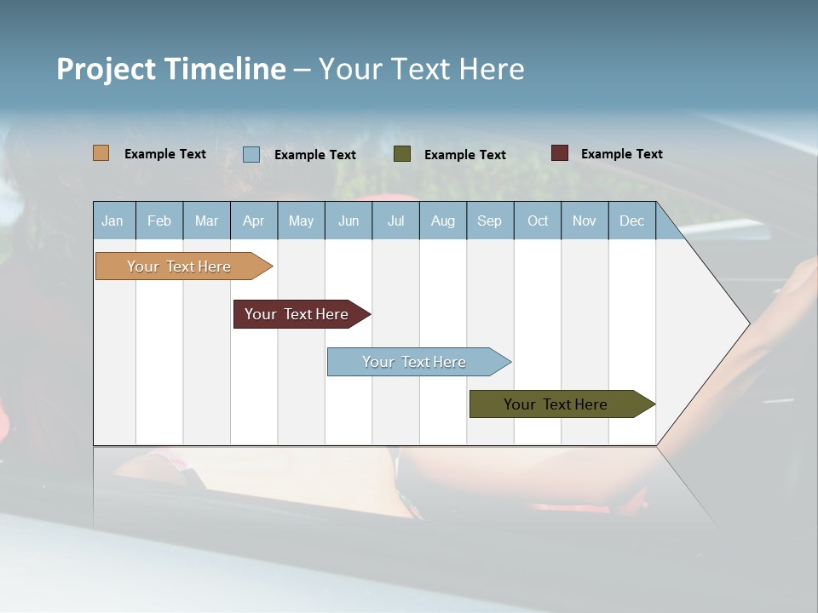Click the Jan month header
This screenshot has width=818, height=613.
point(112,221)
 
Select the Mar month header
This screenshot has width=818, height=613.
point(206,221)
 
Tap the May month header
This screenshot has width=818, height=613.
point(301,221)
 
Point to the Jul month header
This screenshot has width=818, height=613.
point(395,221)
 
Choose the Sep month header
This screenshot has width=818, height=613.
point(489,221)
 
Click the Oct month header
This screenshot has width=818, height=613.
point(538,221)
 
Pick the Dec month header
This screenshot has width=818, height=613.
point(631,221)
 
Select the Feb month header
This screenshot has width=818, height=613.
point(159,221)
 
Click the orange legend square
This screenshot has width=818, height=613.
point(101,153)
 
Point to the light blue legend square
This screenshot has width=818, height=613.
point(251,154)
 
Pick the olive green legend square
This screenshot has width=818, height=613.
point(402,153)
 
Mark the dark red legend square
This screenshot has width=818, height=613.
point(560,153)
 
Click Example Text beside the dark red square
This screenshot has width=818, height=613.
point(621,154)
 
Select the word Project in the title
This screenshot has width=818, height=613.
point(107,69)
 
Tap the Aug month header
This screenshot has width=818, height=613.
point(442,221)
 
